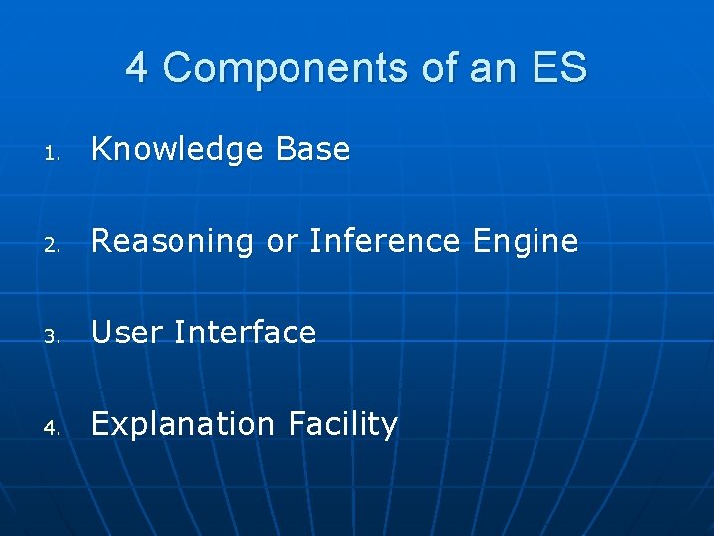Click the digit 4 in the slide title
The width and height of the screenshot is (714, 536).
[x=137, y=68]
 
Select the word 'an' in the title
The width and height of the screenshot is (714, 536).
[x=474, y=68]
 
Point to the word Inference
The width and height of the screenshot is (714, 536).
[x=385, y=240]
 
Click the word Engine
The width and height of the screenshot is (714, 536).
[x=525, y=241]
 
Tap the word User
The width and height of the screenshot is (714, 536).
[x=126, y=333]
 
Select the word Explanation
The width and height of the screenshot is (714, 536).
[x=182, y=425]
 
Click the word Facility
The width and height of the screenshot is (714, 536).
[x=343, y=424]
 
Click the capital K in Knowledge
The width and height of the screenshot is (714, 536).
[x=100, y=149]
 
